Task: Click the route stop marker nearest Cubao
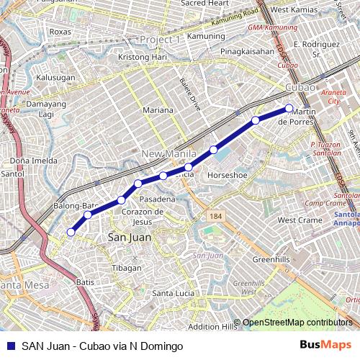289,109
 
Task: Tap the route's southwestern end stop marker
71,232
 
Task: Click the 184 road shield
215,215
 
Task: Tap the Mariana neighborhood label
158,110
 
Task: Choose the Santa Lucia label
173,293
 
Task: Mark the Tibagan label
126,268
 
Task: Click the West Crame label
300,220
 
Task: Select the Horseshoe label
228,175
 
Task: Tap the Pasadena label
157,198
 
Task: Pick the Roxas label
61,32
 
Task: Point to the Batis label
85,282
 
